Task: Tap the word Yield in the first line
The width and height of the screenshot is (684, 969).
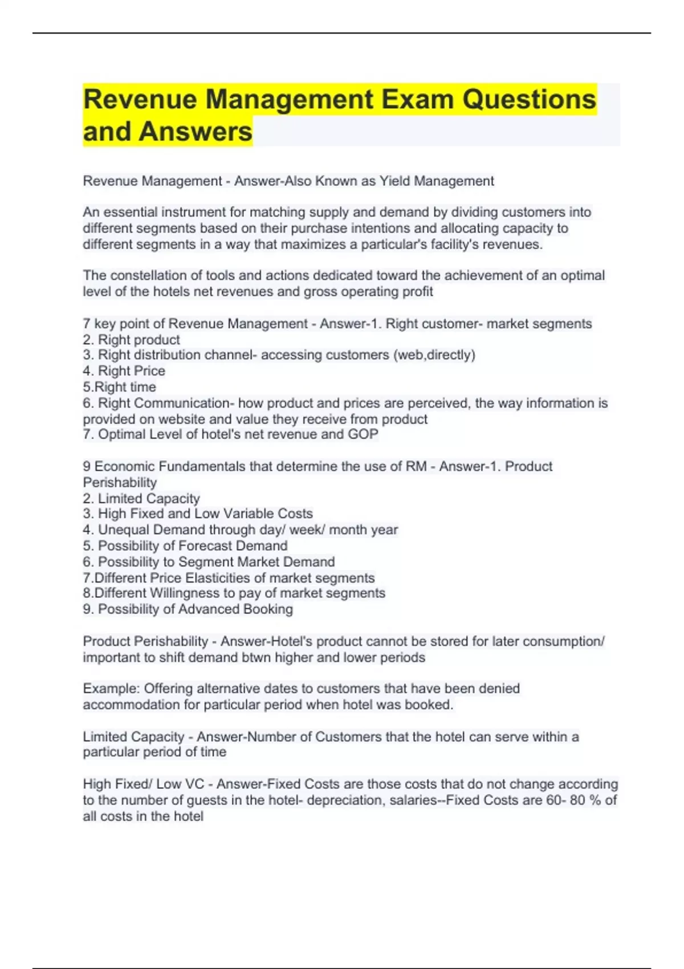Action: [x=394, y=181]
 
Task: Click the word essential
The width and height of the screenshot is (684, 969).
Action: [x=130, y=212]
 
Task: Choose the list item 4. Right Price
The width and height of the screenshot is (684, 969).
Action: [x=124, y=370]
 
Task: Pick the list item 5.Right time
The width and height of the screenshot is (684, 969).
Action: [x=120, y=387]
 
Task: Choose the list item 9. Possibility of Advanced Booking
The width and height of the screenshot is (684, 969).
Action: [x=188, y=609]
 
